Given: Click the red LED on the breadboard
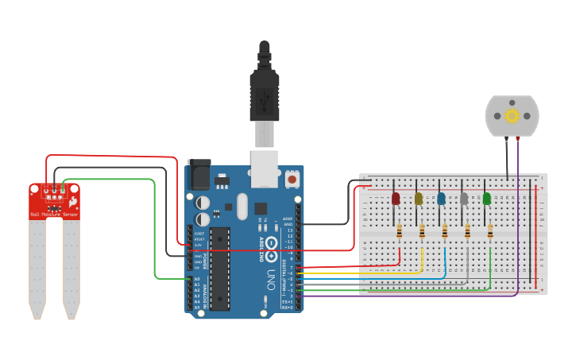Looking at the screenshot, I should point(396,199).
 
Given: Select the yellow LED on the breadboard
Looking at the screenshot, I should point(419,199).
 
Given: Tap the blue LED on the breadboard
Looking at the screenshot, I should point(442,199).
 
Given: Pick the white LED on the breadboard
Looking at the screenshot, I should point(464,199).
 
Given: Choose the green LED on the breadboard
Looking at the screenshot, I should point(487,199).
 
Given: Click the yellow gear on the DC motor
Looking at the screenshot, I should point(512,116).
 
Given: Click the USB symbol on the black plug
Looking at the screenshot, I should point(265,99).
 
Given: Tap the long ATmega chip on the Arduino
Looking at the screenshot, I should point(219,269).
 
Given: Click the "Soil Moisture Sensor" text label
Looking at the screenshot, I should point(54,215).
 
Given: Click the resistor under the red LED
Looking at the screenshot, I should point(399,231).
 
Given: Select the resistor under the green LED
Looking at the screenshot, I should point(490,231).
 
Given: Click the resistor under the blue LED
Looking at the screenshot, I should point(445,231).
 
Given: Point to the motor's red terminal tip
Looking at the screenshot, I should point(517,139).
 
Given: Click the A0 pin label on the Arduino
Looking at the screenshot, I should point(197,279).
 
